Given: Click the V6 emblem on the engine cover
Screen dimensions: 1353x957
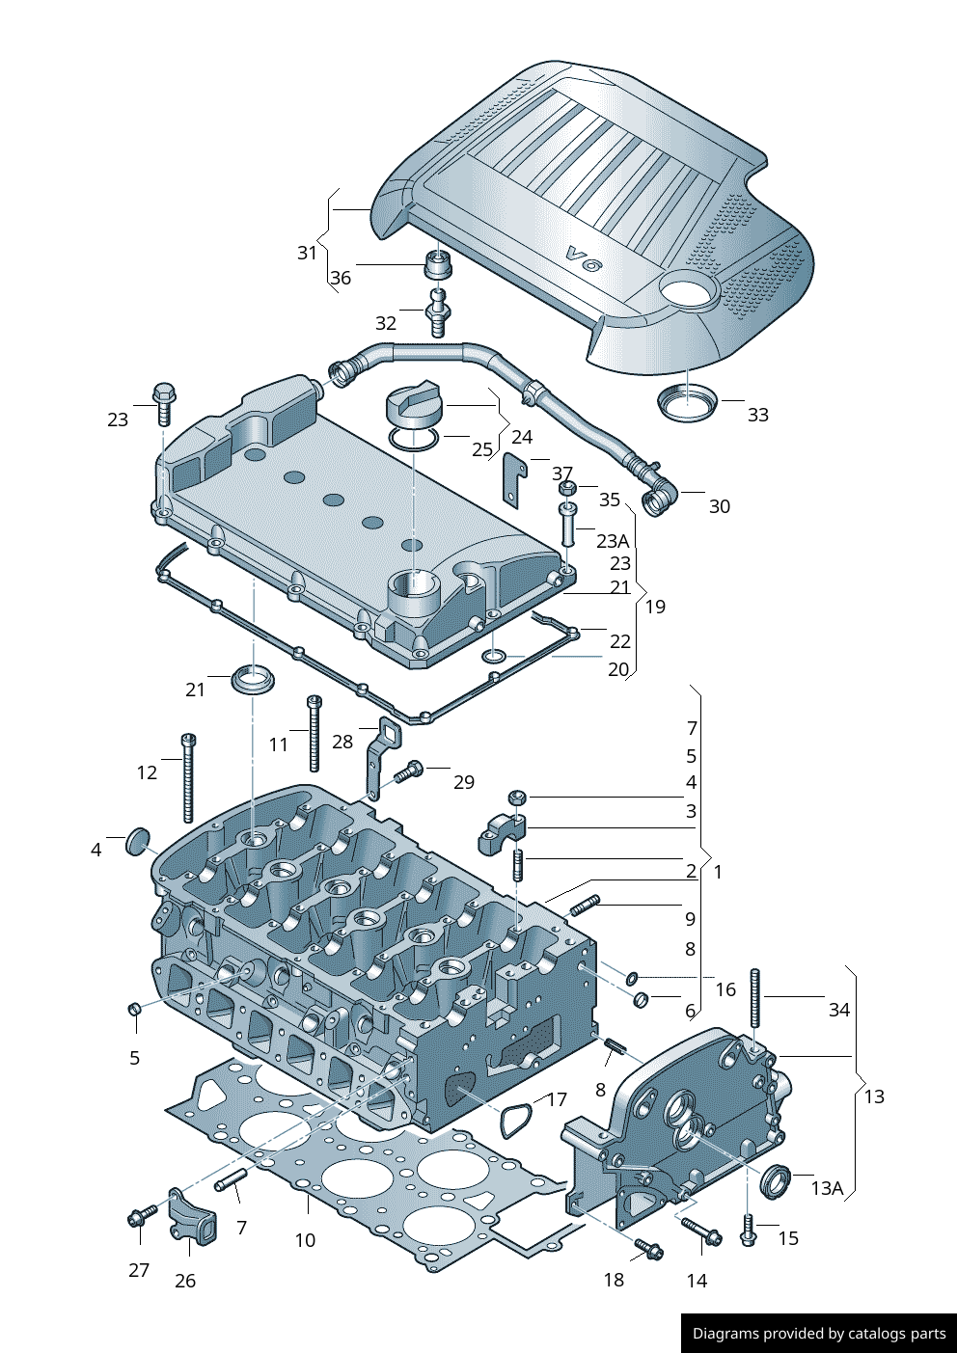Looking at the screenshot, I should coord(583,258).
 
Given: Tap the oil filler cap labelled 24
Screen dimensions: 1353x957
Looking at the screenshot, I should coord(413,403).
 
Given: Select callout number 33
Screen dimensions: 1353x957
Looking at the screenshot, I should coord(758,415).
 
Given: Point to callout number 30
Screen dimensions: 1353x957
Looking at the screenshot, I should coord(720,506).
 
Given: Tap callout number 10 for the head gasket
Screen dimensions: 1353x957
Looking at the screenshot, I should coord(305,1240).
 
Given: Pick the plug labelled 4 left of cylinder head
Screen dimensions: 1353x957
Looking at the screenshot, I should coord(138,841).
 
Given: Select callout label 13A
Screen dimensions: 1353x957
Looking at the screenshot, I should coord(827,1188).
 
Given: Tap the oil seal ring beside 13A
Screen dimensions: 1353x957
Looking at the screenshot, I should coord(776,1182).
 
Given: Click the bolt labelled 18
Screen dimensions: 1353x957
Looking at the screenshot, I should coord(648,1250).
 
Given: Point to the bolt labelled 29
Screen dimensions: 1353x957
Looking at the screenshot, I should coord(409,771).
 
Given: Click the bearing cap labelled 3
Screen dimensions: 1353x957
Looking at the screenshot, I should coord(502,833).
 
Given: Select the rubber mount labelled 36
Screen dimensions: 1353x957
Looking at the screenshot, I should coord(439,263).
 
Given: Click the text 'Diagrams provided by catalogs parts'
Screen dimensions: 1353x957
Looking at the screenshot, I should coord(819,1334).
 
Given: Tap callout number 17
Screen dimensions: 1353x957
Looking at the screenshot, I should coord(558,1099).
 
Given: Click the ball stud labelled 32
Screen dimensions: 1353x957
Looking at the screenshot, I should coord(439,311).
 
